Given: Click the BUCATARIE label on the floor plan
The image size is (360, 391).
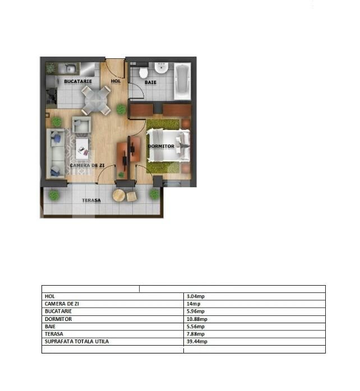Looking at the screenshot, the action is [78, 81].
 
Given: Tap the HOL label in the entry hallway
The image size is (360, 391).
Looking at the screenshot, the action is [116, 81].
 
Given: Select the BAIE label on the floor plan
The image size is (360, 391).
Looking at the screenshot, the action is [150, 82].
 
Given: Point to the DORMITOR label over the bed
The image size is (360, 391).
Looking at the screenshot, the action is [161, 146].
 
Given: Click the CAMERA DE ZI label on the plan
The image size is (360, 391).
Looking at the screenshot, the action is [87, 165].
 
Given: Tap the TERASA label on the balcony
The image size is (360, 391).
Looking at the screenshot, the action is [91, 200].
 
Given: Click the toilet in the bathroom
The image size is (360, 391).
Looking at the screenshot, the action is [144, 72].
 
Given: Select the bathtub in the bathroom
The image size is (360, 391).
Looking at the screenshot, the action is [182, 81].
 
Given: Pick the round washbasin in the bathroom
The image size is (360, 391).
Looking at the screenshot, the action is [161, 68].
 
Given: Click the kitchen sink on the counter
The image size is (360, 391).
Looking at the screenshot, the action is [68, 68].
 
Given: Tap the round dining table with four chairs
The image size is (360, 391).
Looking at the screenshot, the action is [96, 100].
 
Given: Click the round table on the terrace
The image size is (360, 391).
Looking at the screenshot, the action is [119, 195].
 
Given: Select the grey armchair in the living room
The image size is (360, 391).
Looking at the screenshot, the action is [82, 124].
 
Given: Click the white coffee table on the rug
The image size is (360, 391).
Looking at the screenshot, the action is [82, 148].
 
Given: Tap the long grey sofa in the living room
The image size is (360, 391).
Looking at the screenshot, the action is [56, 153].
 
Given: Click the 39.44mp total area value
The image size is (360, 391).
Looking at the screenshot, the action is [197, 341].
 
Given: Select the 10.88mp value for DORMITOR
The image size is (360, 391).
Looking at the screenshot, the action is [197, 319].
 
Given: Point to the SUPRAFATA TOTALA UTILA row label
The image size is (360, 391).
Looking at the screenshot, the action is [77, 341].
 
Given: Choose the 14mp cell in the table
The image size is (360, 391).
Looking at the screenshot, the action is [193, 304].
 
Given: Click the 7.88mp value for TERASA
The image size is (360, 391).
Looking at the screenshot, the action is [196, 334].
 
